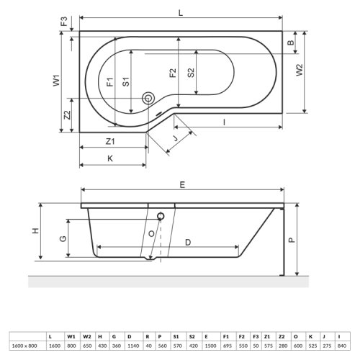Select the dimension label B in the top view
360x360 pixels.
[x=291, y=44]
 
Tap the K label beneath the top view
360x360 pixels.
[x=109, y=158]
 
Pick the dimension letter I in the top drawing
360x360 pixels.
[x=225, y=123]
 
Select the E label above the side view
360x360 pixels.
[x=183, y=185]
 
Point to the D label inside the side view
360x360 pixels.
[x=187, y=242]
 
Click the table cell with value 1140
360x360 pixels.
[x=130, y=346]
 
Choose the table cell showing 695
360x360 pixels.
[x=226, y=346]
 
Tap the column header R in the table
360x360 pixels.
[x=147, y=335]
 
